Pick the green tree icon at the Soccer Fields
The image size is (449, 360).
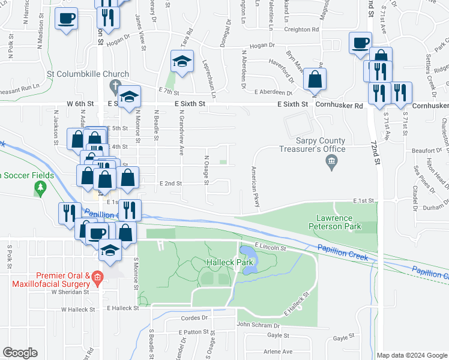tap(40, 188)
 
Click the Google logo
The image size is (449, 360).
tap(20, 353)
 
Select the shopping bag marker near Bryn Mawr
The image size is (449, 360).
tap(315, 78)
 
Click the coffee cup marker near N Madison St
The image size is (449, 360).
tap(67, 17)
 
